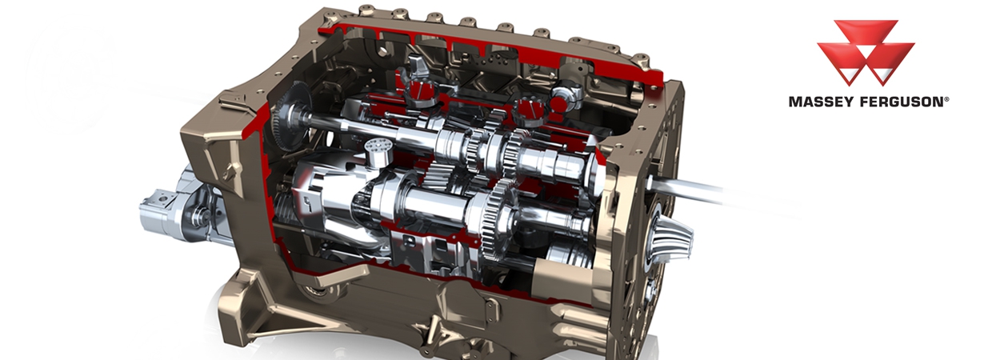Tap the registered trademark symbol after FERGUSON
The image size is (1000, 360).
click(x=946, y=98)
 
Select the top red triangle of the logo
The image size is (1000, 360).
click(x=866, y=34)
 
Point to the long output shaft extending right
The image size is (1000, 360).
click(x=704, y=189)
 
